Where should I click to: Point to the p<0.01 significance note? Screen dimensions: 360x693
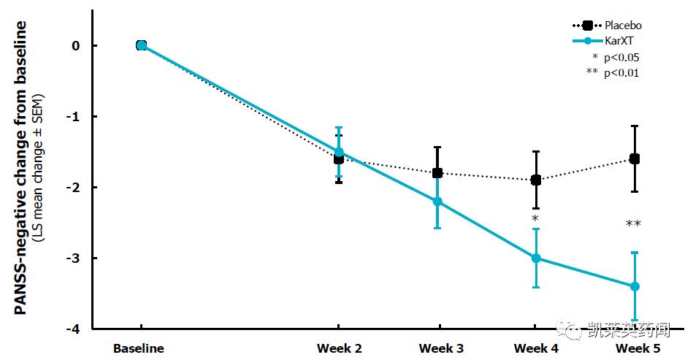tap(613, 72)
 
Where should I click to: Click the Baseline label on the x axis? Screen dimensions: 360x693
tap(139, 349)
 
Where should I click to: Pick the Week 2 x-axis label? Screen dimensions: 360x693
tap(339, 349)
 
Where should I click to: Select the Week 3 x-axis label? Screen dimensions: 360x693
tap(441, 349)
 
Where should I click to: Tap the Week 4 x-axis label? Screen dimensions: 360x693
tap(536, 349)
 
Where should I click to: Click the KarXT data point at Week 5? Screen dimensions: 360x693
tap(635, 286)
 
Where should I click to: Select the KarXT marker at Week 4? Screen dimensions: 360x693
tap(536, 258)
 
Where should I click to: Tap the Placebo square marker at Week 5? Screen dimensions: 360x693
tap(635, 158)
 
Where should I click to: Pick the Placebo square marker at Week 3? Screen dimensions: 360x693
tap(437, 173)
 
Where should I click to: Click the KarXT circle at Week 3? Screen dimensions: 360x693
tap(437, 202)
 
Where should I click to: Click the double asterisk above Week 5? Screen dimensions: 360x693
tap(633, 224)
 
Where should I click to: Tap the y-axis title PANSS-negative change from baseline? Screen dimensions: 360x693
tap(21, 168)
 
